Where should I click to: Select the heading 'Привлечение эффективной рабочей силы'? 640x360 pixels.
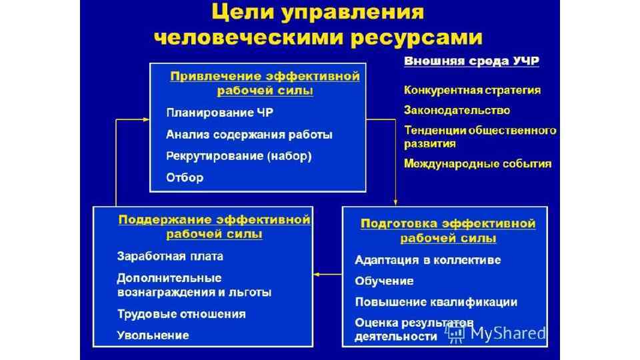tap(265, 83)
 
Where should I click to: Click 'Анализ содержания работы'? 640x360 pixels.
tap(249, 135)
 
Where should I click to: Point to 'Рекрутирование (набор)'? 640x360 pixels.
tap(238, 157)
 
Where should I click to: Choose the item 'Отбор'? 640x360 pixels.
tap(185, 178)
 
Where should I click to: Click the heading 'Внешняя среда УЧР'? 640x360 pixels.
tap(471, 61)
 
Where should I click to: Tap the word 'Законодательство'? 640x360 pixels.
tap(457, 110)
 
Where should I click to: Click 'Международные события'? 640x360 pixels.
tap(478, 163)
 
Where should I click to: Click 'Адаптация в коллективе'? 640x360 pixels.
tap(427, 260)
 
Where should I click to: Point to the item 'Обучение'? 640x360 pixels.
tap(384, 281)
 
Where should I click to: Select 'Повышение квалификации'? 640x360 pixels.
tap(436, 302)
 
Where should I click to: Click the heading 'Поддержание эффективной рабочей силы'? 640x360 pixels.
tap(214, 226)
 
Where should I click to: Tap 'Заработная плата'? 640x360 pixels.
tap(170, 256)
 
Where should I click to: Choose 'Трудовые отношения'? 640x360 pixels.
tap(181, 314)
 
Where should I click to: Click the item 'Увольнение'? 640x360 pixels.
tap(153, 335)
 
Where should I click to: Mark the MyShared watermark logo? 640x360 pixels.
tap(497, 333)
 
